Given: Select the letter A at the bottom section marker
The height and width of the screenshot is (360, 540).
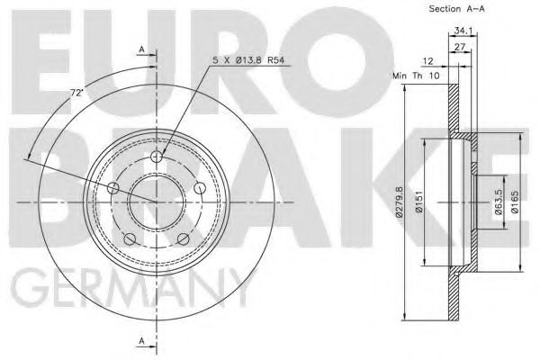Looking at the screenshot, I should (141, 341).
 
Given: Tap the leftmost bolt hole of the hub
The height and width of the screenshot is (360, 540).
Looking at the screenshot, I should (113, 188).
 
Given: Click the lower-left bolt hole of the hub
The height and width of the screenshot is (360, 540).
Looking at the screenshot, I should (130, 238).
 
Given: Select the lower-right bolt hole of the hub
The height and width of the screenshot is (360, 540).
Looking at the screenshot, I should (183, 238).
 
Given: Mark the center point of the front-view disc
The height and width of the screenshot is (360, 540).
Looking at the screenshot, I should (156, 202).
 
